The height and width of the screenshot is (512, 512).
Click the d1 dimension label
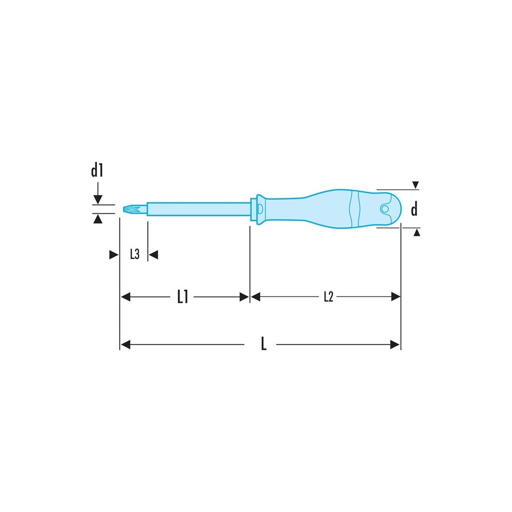click(97, 170)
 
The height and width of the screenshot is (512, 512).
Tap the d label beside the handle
click(414, 209)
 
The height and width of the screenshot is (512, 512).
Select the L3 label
click(135, 254)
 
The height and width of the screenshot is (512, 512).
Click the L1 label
click(183, 297)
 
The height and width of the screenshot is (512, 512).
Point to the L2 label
click(329, 297)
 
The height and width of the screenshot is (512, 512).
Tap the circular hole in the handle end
click(384, 209)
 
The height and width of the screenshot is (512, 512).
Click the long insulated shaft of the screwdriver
click(199, 209)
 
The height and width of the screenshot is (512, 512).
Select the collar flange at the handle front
click(260, 209)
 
